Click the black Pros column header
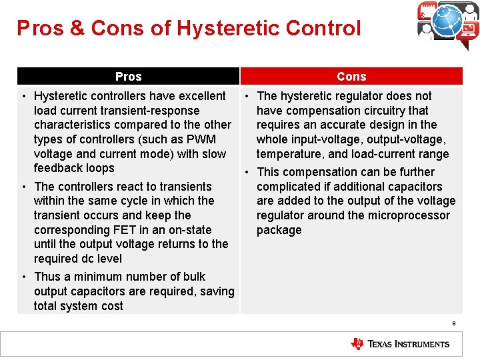pyautogui.click(x=128, y=77)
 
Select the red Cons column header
pyautogui.click(x=351, y=77)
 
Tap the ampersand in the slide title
pyautogui.click(x=77, y=28)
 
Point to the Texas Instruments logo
pyautogui.click(x=401, y=344)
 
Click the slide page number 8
pyautogui.click(x=453, y=324)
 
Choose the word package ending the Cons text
pyautogui.click(x=279, y=230)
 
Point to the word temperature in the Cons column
pyautogui.click(x=287, y=154)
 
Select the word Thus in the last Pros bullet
pyautogui.click(x=47, y=277)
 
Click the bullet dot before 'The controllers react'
pyautogui.click(x=25, y=187)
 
